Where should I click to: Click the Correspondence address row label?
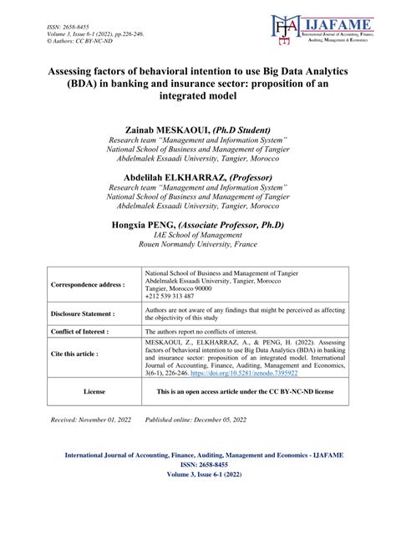(x=88, y=284)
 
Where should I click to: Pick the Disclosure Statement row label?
(x=83, y=314)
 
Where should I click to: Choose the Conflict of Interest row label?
(x=83, y=332)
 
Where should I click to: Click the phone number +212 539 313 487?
(x=170, y=296)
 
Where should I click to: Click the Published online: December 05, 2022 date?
(x=195, y=419)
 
